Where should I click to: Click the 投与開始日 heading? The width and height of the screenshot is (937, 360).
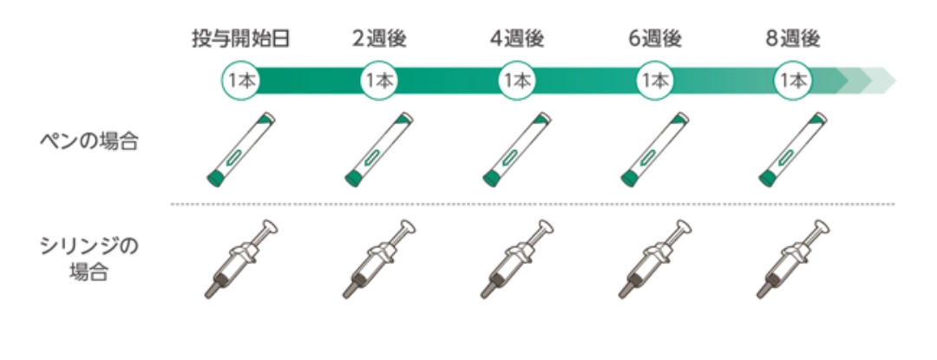pos(241,39)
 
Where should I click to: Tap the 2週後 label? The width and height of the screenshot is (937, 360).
pos(379,39)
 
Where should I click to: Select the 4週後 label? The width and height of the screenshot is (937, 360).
pos(517,39)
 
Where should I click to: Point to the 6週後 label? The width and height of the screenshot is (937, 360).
pos(655,39)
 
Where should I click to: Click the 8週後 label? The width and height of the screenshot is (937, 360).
pos(793,39)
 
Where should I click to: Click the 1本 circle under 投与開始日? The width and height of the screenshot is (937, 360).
pos(241,81)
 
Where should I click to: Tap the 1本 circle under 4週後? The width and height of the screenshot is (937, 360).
pos(517,81)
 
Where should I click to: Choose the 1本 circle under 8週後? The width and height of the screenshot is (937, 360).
pos(793,81)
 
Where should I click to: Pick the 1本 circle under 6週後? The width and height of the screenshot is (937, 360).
pos(655,81)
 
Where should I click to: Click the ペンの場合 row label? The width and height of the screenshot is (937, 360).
pos(89,141)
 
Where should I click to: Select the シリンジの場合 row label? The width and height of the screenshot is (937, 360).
pos(89,259)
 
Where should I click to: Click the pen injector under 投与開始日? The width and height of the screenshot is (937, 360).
pos(241,149)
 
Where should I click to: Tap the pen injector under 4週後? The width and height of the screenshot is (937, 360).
pos(517,149)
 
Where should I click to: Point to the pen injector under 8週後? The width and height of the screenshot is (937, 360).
pos(793,149)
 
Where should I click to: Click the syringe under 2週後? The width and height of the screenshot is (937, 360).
pos(379,259)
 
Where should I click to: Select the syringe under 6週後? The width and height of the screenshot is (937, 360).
pos(655,259)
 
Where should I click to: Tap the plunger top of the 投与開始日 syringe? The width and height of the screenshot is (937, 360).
pos(270,227)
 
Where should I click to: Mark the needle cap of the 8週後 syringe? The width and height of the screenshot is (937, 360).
pos(764,290)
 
